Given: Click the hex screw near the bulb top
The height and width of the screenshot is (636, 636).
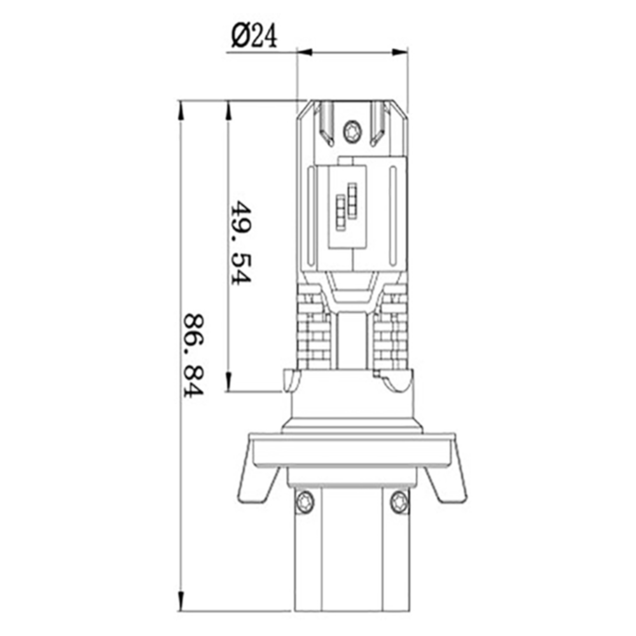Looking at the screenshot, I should [351, 132].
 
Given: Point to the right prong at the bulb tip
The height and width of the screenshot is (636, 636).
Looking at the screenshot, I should [378, 122].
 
